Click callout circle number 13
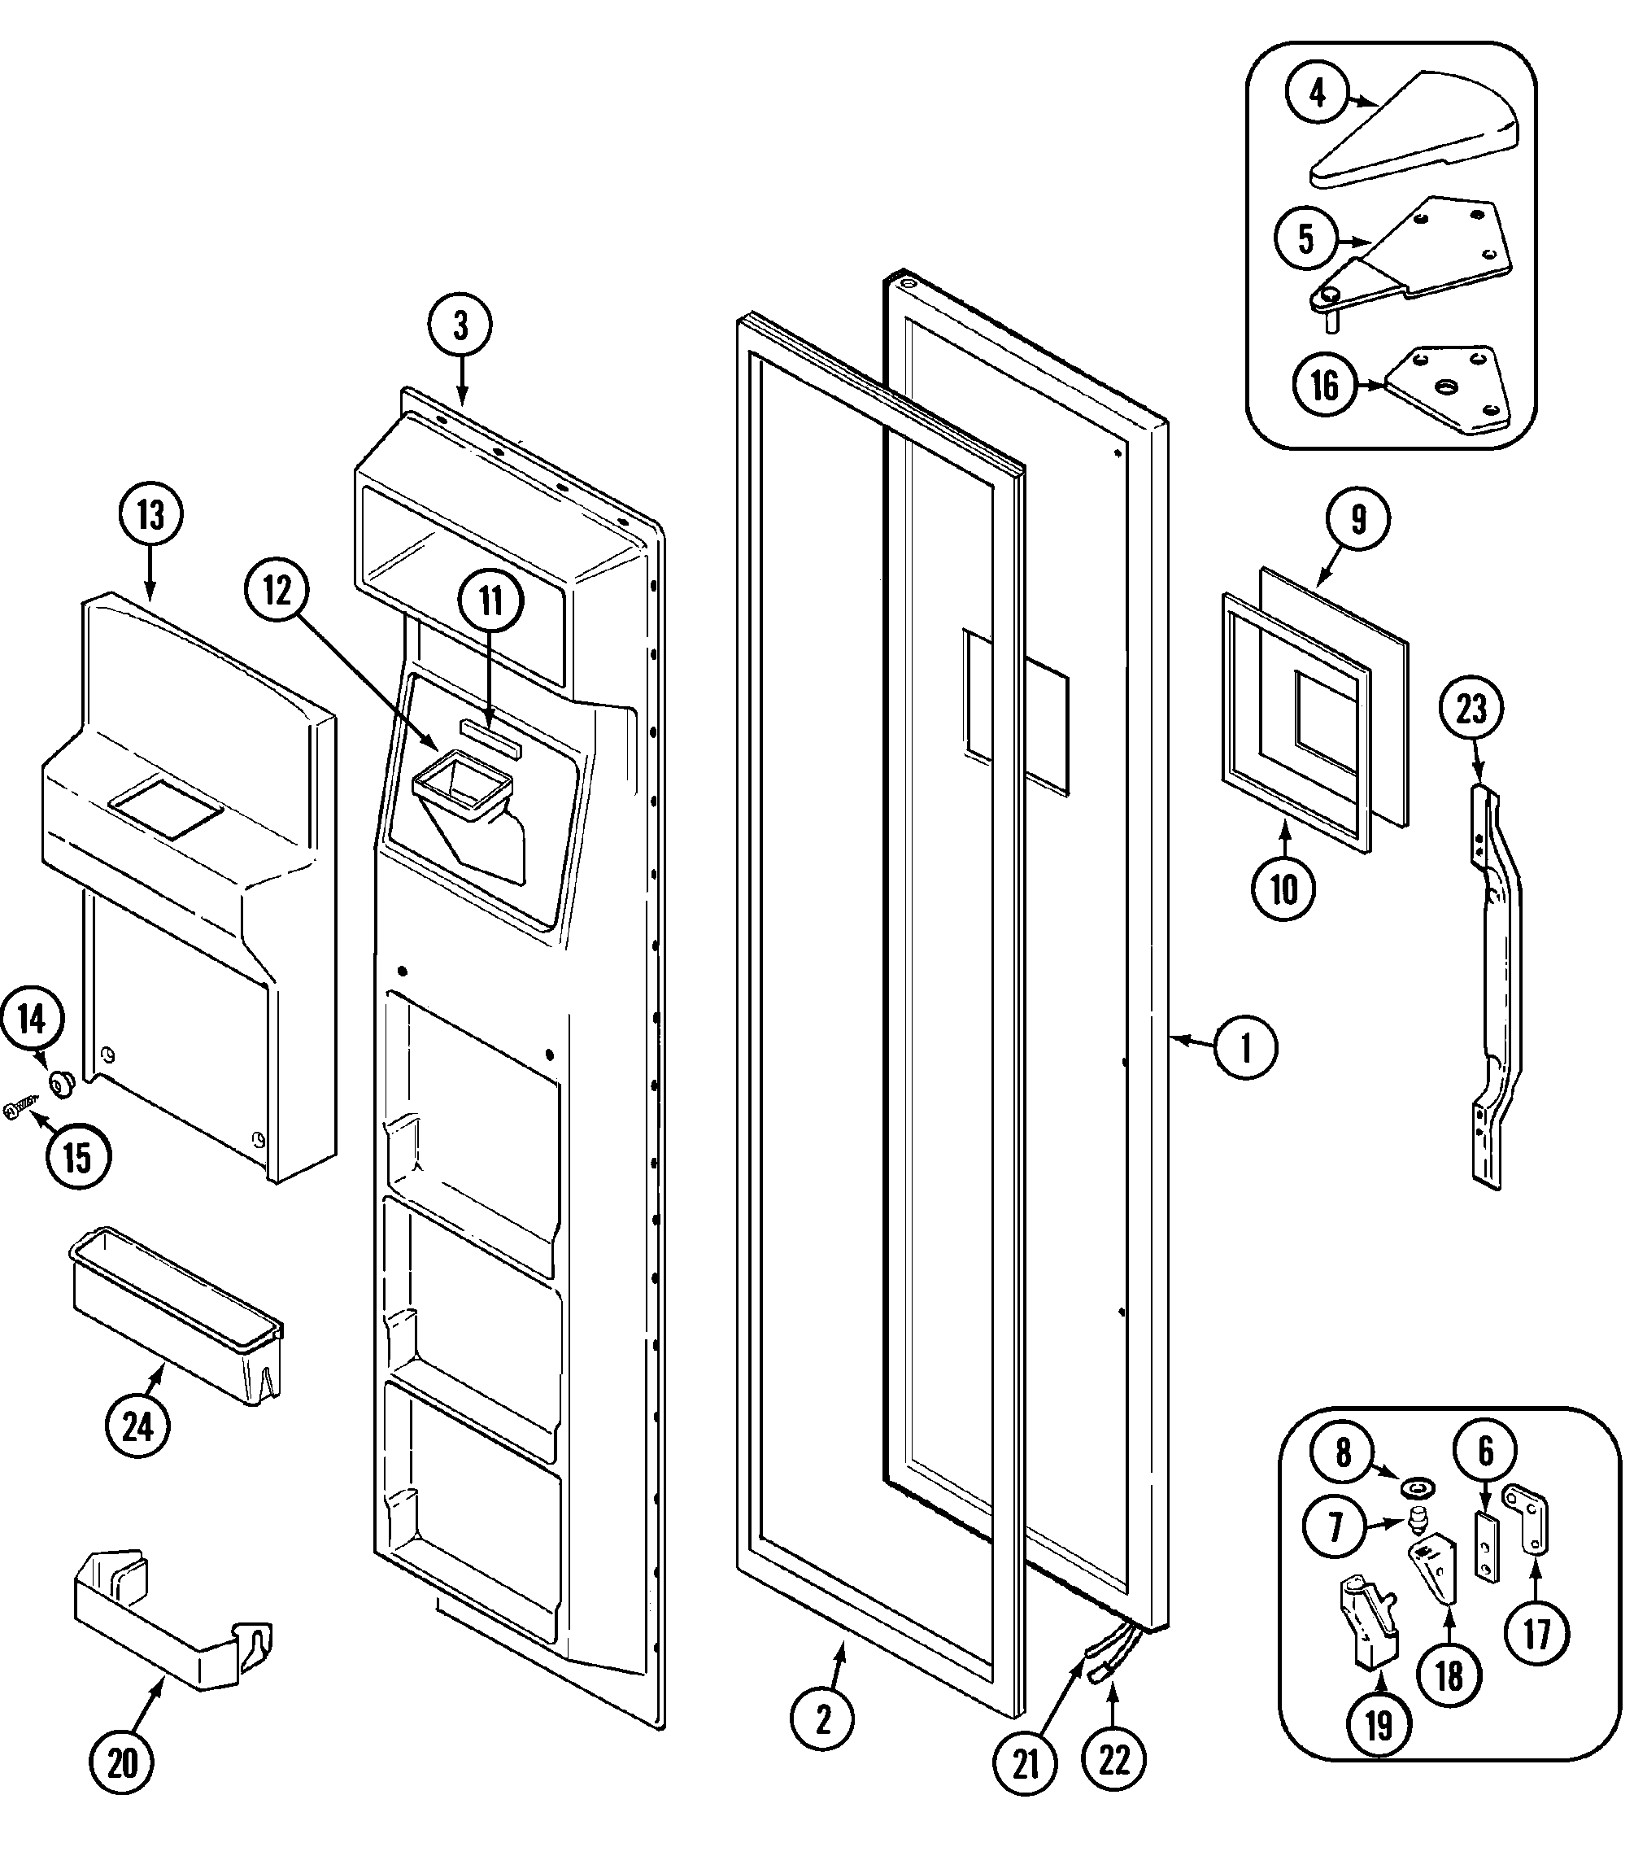[x=150, y=515]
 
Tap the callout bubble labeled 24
[x=137, y=1426]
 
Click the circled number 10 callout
[x=1283, y=889]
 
